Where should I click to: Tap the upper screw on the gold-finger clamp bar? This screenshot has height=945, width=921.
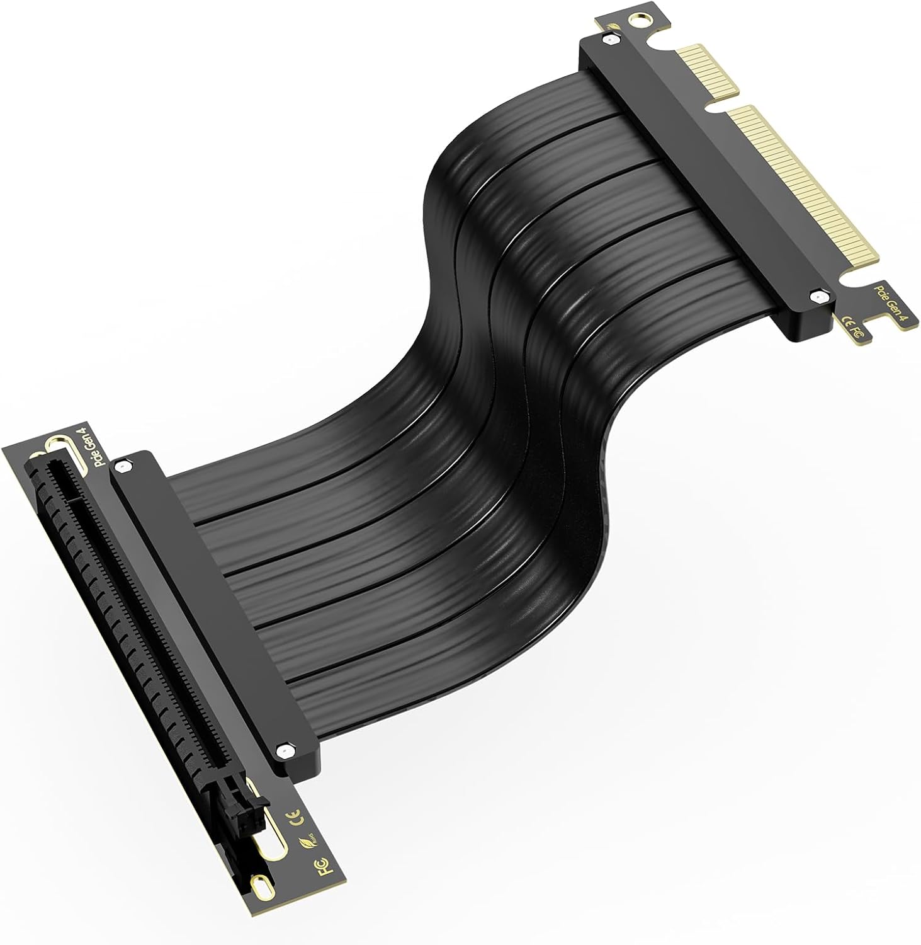pyautogui.click(x=607, y=40)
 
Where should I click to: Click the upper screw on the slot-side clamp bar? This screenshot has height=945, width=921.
pyautogui.click(x=123, y=466)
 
